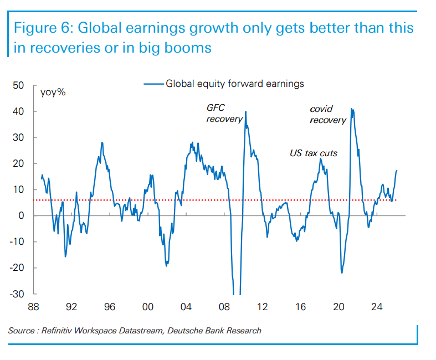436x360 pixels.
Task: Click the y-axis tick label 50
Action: coord(18,85)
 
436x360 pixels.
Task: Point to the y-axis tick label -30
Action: coord(17,294)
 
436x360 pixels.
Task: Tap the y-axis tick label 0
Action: coord(21,215)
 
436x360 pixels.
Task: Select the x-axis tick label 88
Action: coord(33,306)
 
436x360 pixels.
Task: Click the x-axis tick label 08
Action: coord(224,306)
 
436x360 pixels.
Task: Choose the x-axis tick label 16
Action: coord(301,306)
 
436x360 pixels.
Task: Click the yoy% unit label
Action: coord(53,92)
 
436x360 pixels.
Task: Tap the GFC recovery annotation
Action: coord(224,114)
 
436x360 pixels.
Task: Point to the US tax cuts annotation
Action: coord(314,153)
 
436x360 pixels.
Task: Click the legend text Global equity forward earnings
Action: coord(235,84)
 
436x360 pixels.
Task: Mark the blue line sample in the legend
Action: coord(154,84)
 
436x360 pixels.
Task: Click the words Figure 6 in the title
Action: coord(41,28)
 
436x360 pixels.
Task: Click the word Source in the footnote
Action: coord(21,331)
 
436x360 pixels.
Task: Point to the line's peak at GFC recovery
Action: coord(245,112)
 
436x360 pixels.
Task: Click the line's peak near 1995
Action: coord(102,143)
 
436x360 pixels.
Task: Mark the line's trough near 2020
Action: coord(342,272)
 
